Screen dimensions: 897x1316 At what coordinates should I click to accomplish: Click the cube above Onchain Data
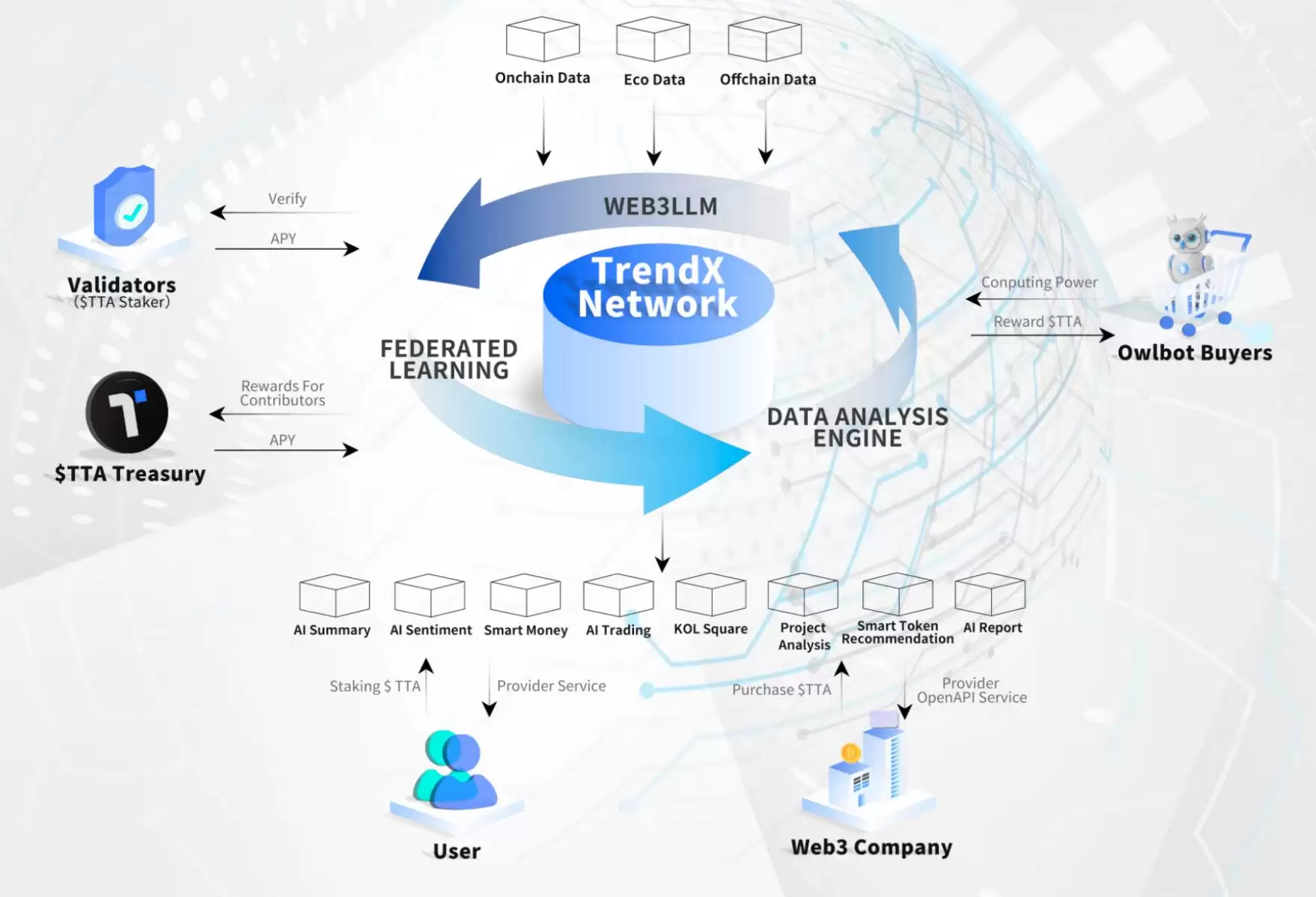tap(543, 39)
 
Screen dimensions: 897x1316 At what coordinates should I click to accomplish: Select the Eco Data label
tap(654, 79)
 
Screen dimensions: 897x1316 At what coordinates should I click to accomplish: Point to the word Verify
tap(287, 199)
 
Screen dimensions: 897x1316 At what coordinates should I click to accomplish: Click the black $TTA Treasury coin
tap(127, 413)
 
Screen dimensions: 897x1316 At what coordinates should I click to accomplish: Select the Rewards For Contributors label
tap(282, 393)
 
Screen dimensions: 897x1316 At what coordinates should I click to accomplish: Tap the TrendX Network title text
tap(658, 288)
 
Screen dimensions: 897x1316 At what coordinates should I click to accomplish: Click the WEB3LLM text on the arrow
tap(660, 206)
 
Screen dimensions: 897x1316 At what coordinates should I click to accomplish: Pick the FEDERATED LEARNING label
tap(449, 359)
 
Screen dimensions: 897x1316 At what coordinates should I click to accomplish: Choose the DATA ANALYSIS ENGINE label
tap(858, 428)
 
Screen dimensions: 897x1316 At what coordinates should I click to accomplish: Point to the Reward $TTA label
tap(1038, 322)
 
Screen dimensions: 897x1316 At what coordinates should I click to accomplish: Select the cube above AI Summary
tap(335, 595)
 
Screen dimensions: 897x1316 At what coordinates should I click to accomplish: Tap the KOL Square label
tap(710, 629)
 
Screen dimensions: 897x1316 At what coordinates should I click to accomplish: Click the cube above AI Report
tap(990, 594)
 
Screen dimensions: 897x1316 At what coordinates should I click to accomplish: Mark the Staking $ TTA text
tap(375, 687)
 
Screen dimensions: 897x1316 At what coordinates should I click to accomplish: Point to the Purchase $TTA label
tap(782, 690)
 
